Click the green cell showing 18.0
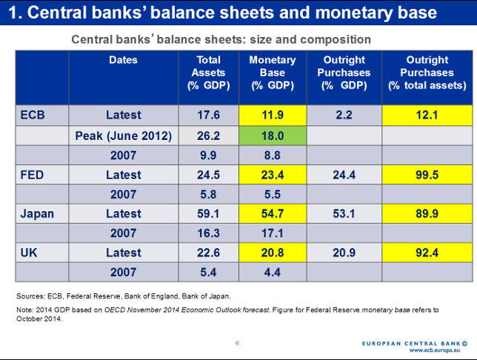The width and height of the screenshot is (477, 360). tap(273, 136)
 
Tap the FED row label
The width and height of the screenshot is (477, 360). tap(33, 175)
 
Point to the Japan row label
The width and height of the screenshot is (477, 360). tap(36, 214)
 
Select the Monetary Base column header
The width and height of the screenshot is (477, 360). tap(273, 73)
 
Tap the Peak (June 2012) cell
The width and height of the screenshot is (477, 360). tap(123, 136)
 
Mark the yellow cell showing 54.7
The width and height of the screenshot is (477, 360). tap(273, 214)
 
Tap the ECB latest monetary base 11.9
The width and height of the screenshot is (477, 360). tap(273, 114)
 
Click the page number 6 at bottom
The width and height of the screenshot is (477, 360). tap(237, 343)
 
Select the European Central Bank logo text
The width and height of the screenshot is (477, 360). tap(415, 344)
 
